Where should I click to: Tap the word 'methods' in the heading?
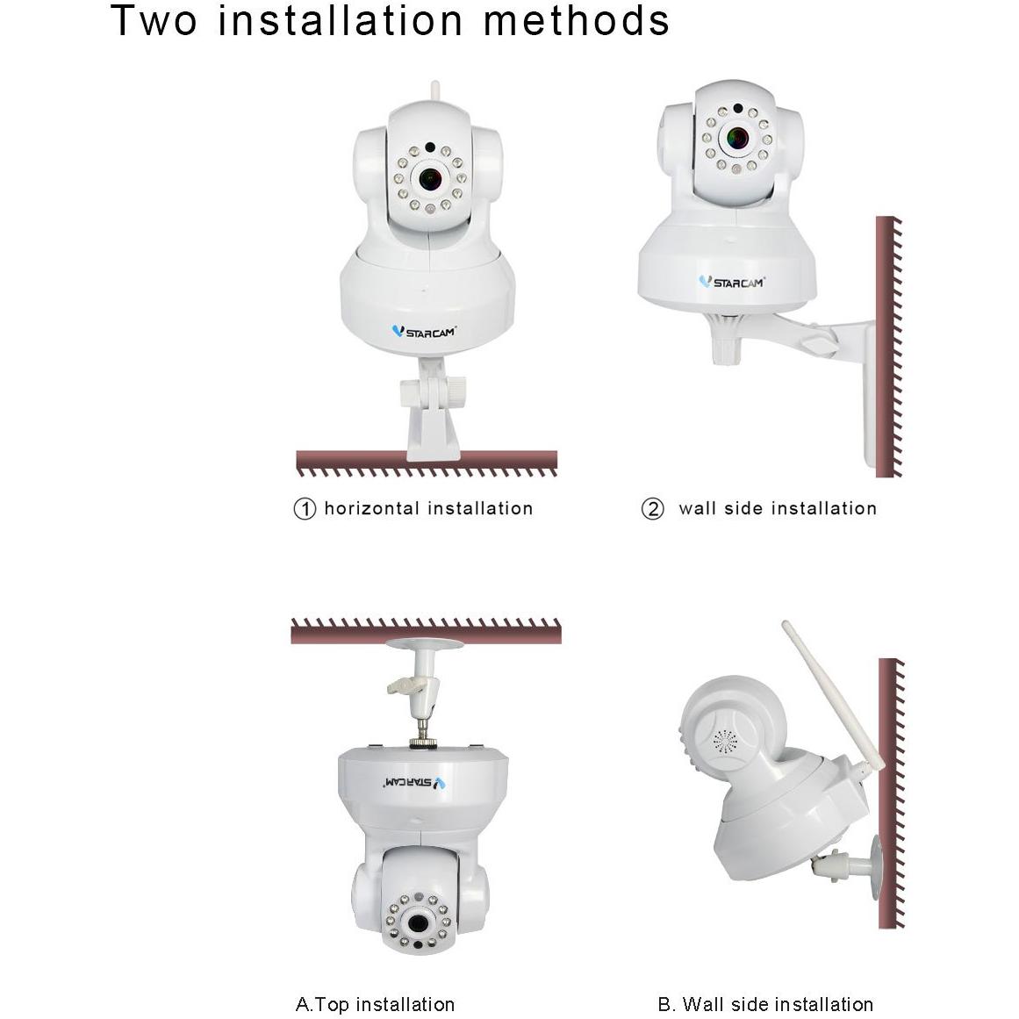(x=577, y=20)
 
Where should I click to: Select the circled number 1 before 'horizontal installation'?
(x=304, y=509)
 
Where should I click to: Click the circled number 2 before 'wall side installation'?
(x=652, y=509)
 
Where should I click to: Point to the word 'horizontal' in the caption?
(x=371, y=508)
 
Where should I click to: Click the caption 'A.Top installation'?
(x=375, y=1004)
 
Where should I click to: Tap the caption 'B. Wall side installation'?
(x=764, y=1004)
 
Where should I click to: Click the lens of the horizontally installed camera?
(x=430, y=179)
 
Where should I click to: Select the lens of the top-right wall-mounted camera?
(x=737, y=138)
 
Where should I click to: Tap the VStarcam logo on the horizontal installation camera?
(x=424, y=332)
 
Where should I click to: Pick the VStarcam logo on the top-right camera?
(x=731, y=282)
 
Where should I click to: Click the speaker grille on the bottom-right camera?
(x=725, y=743)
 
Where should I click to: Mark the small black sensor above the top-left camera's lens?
(x=430, y=147)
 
